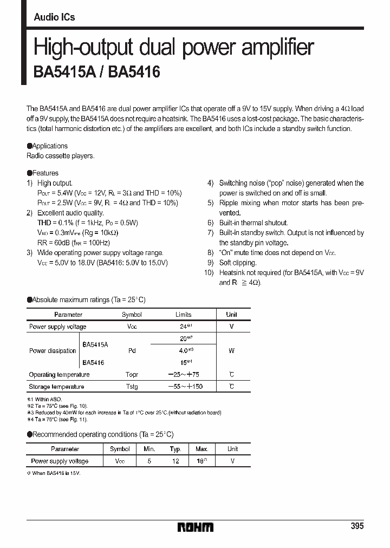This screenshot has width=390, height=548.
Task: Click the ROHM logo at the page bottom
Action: click(x=196, y=527)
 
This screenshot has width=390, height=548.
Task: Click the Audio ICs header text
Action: click(x=54, y=17)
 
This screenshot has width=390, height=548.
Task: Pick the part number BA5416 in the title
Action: click(x=134, y=72)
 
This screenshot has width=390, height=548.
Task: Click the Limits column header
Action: click(x=183, y=315)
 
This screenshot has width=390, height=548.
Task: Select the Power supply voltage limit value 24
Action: click(x=183, y=327)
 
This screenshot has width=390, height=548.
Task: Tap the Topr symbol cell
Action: click(x=132, y=375)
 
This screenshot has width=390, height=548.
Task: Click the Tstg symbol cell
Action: click(x=132, y=387)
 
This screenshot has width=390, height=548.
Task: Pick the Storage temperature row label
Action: click(x=56, y=387)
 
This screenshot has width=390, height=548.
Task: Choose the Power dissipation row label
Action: click(x=53, y=351)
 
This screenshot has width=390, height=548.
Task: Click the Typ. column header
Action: click(x=175, y=449)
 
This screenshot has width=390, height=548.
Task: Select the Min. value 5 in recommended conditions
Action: click(x=149, y=461)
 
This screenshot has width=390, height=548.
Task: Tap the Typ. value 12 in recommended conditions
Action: click(x=175, y=461)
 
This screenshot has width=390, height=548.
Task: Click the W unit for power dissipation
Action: click(x=231, y=351)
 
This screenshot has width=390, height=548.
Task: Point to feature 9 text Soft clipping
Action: click(x=238, y=263)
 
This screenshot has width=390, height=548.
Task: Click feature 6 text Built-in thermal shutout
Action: click(x=253, y=223)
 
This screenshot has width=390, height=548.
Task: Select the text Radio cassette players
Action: click(x=61, y=155)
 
